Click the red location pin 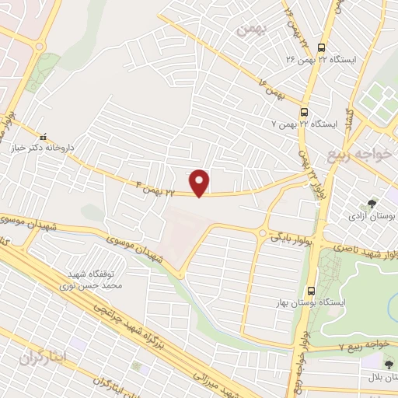(x=201, y=183)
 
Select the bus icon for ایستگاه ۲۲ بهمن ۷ (x=305, y=110)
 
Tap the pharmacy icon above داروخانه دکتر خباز (x=44, y=135)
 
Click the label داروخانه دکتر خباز (x=44, y=147)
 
